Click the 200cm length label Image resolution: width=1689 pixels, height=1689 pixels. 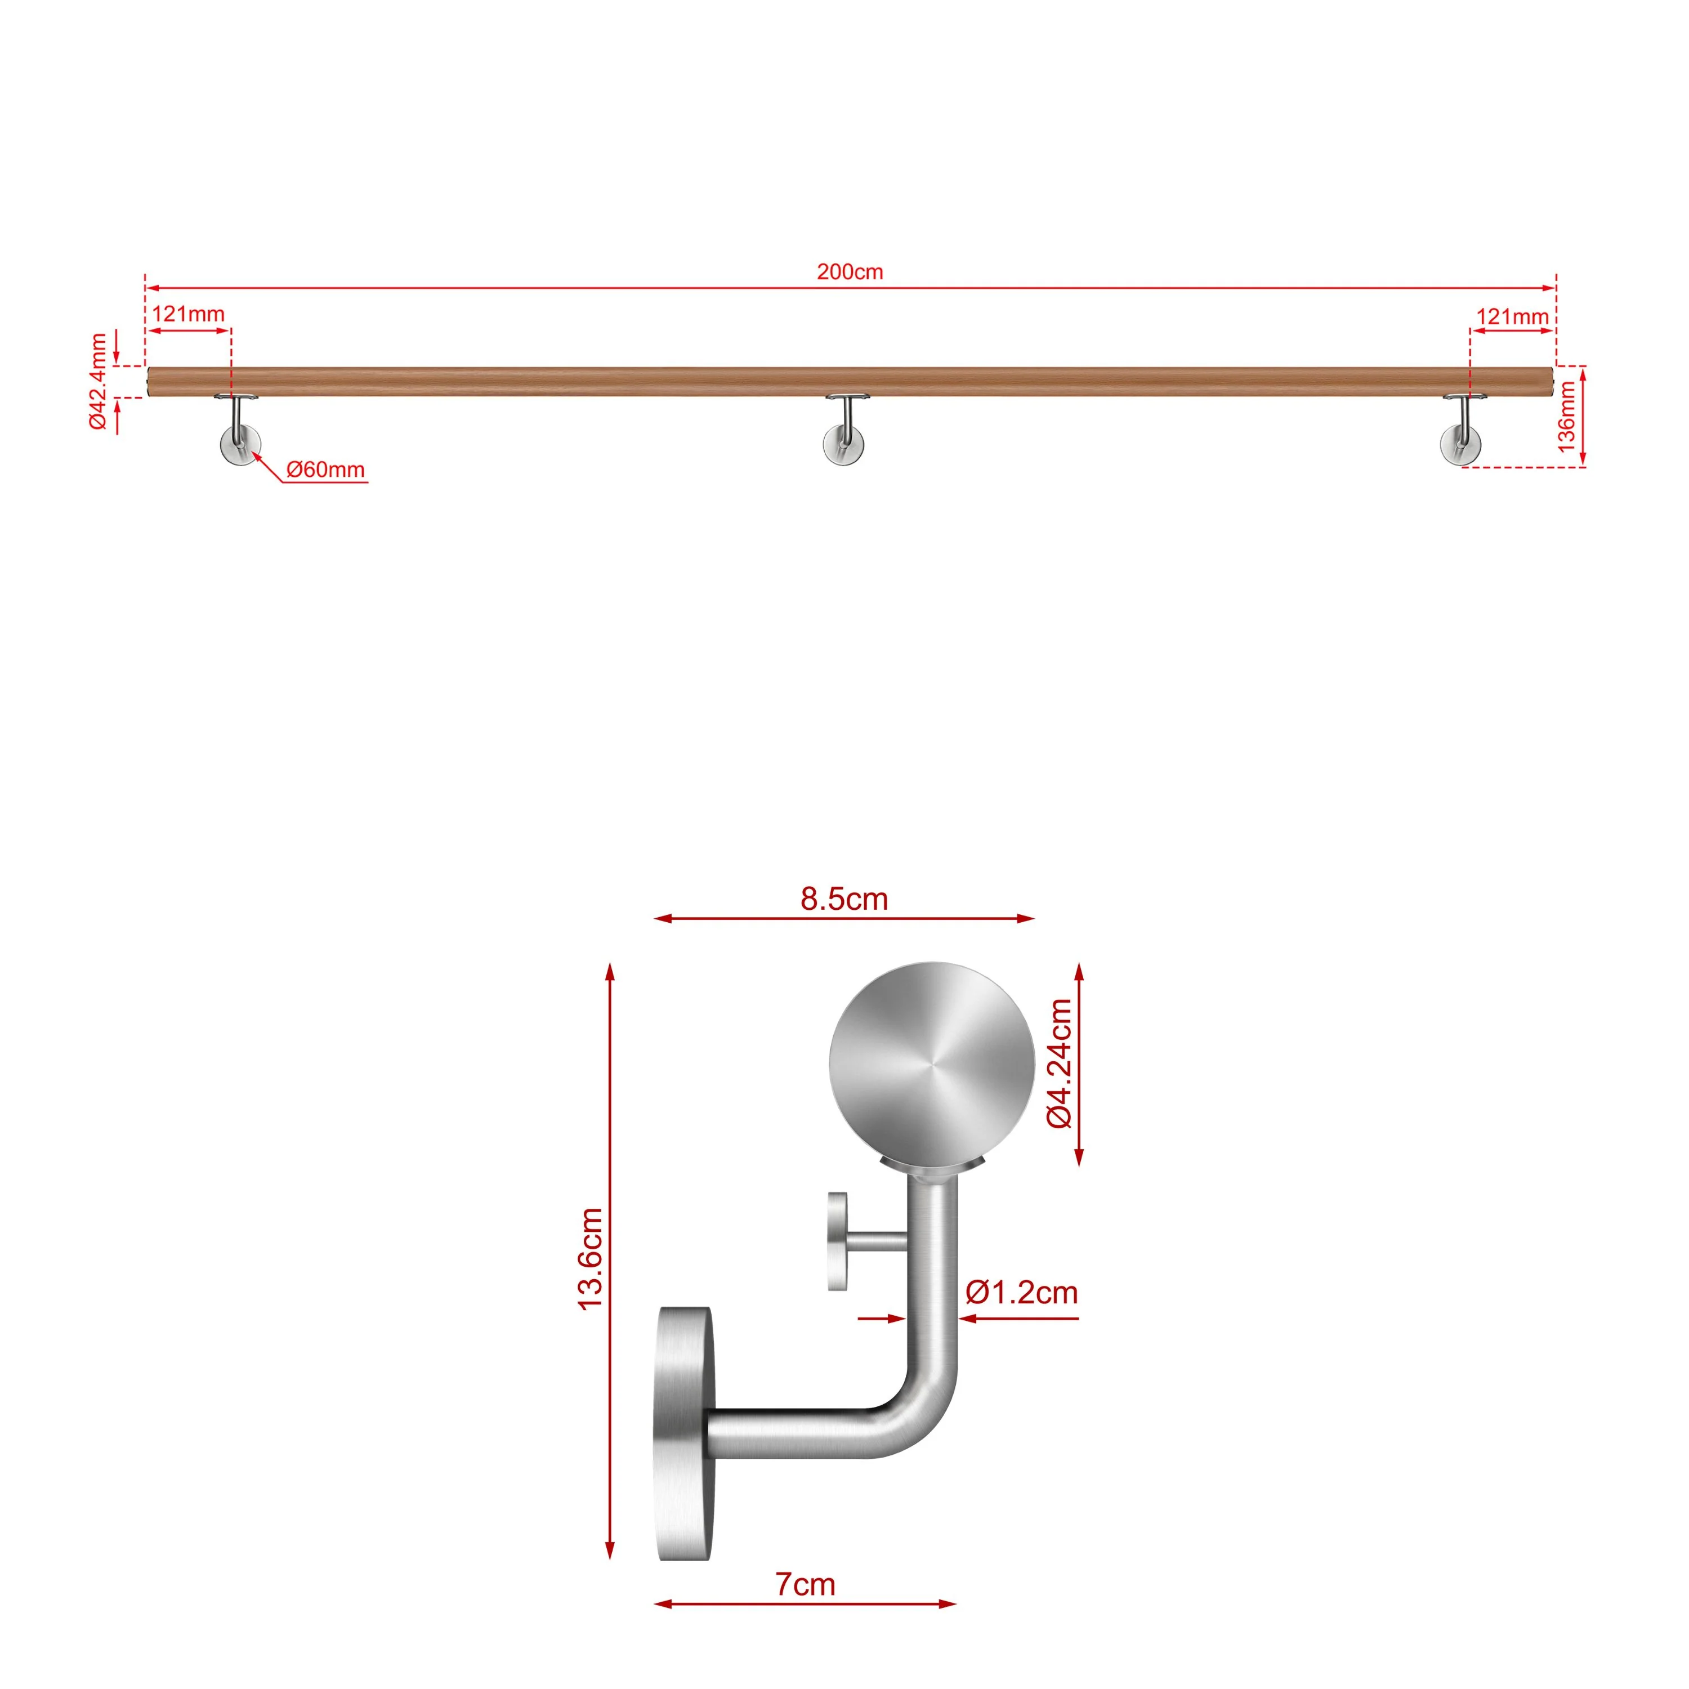[x=850, y=272]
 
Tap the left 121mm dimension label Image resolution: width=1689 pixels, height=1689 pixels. [x=188, y=314]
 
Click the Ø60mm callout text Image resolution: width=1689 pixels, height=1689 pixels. [x=325, y=470]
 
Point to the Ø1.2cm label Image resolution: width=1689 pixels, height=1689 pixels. [x=1021, y=1292]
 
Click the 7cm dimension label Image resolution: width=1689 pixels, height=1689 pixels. [x=805, y=1584]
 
